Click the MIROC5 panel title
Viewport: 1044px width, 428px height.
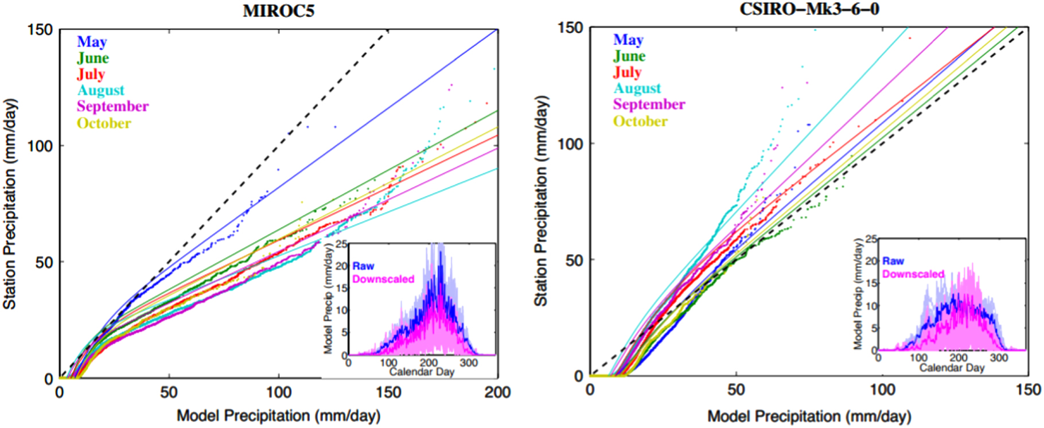tap(278, 11)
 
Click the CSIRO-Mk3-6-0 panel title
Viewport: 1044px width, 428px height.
tap(809, 9)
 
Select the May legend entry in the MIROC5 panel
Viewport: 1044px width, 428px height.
tap(92, 42)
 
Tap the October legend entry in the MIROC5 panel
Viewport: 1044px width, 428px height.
tap(104, 123)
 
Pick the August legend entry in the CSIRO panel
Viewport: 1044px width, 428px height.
tap(637, 88)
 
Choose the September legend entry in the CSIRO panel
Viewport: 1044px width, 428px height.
tap(649, 104)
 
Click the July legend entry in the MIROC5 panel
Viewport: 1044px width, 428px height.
tap(91, 74)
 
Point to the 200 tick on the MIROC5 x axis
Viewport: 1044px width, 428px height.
tap(497, 392)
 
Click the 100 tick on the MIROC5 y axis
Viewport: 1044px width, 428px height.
tap(40, 146)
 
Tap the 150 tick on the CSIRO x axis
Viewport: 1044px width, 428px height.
tap(1027, 390)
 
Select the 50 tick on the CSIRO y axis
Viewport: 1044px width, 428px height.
tap(574, 260)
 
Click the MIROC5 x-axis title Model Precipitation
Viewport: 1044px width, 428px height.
tap(278, 416)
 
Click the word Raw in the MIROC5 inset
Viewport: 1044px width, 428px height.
tap(363, 266)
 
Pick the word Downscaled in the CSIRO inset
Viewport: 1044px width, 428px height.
tap(913, 274)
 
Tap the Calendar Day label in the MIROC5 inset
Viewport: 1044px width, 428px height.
tap(422, 372)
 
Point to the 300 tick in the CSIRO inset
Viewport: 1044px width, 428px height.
tap(999, 357)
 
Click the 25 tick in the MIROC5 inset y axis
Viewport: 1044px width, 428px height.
tap(341, 245)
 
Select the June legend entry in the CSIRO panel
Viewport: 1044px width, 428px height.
tap(629, 56)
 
